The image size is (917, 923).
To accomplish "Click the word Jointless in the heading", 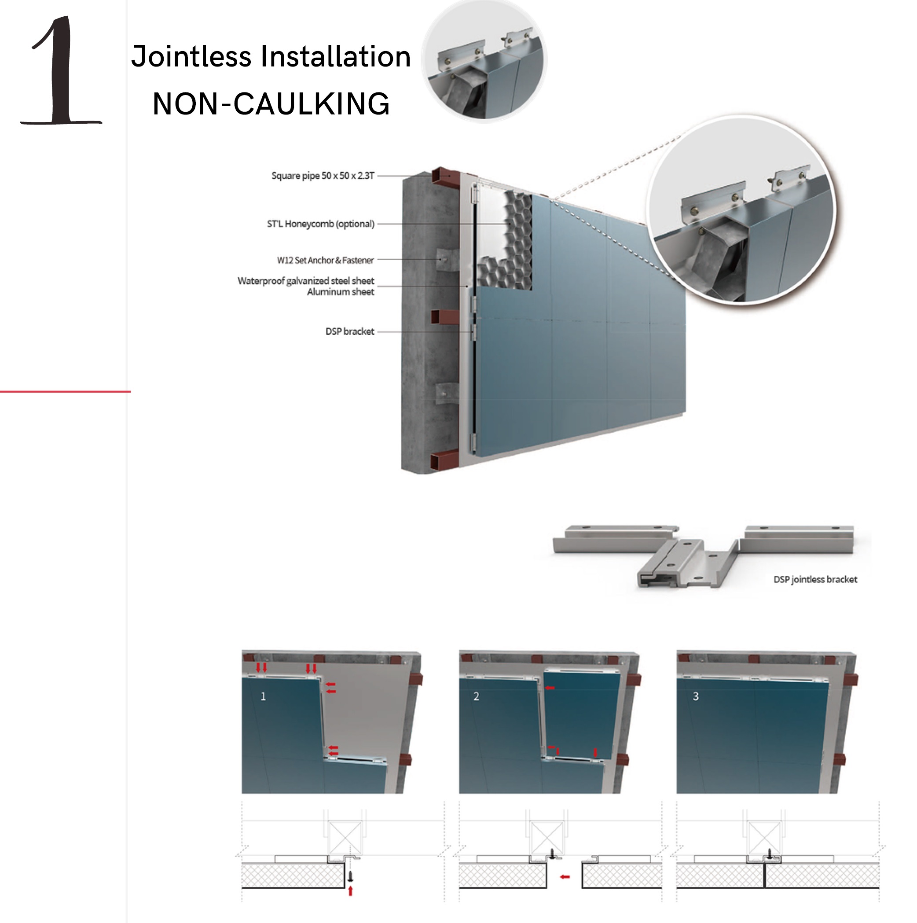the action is [191, 56].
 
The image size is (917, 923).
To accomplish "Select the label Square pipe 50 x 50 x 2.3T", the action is [323, 175].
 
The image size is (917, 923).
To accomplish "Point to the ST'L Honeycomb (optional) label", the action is [320, 224].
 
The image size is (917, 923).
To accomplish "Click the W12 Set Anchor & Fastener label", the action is [325, 260].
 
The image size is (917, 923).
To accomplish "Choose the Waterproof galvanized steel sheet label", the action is [306, 281].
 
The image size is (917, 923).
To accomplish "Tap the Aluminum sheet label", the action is [341, 292].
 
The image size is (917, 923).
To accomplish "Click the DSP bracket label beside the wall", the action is [350, 331].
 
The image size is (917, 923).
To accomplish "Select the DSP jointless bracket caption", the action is [815, 579].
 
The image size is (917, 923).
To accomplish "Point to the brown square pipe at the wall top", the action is [445, 177].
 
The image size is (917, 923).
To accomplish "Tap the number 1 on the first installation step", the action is [263, 696].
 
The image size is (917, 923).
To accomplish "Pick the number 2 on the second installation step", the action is [476, 696].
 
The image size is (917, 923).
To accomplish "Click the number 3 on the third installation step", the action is [695, 696].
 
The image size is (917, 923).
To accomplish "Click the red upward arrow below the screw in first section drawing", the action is [350, 890].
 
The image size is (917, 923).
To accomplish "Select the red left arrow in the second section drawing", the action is [565, 877].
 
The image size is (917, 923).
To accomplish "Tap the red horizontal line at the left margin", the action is [66, 392].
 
